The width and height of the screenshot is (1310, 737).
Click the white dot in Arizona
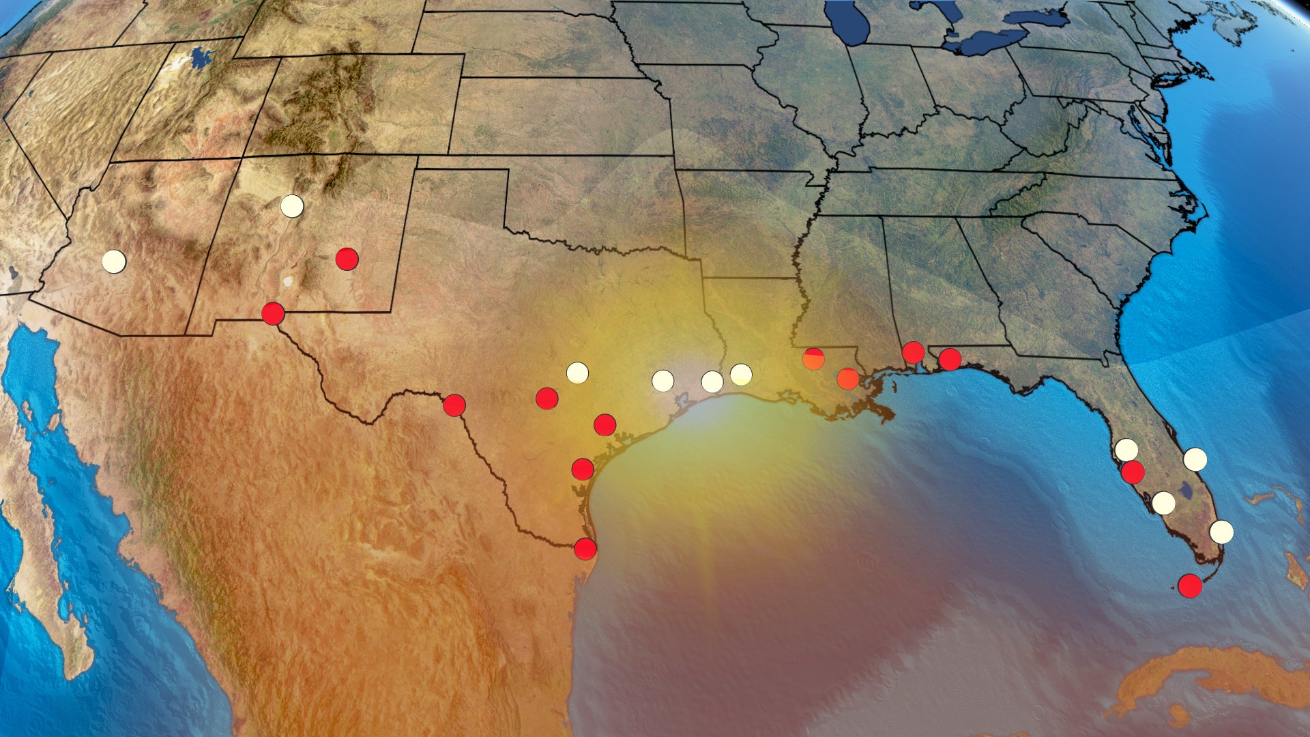click(x=114, y=261)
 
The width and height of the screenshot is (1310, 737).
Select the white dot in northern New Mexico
click(x=292, y=205)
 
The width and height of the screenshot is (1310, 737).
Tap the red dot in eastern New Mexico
click(x=347, y=259)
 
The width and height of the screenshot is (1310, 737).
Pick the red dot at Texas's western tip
click(x=273, y=313)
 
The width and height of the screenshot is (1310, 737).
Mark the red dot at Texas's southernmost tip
click(x=585, y=549)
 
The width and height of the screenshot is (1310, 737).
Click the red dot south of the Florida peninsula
click(x=1190, y=586)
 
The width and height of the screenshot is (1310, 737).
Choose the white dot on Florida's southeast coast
click(x=1221, y=532)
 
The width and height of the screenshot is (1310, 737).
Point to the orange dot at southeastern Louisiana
click(x=847, y=379)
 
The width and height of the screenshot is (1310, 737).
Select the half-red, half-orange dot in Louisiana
click(x=813, y=358)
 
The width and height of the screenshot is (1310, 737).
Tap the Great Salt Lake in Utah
click(x=201, y=58)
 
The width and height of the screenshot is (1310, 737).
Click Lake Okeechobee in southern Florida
click(x=1186, y=489)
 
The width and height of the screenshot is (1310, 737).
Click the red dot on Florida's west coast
click(x=1133, y=472)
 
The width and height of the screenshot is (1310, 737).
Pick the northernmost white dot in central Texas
click(x=577, y=373)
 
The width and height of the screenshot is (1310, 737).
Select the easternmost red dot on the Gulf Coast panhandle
click(x=950, y=359)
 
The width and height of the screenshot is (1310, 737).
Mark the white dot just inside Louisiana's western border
click(x=741, y=374)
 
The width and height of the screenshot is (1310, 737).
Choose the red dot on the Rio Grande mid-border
click(x=454, y=405)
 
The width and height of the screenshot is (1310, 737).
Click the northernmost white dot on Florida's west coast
click(x=1126, y=450)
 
